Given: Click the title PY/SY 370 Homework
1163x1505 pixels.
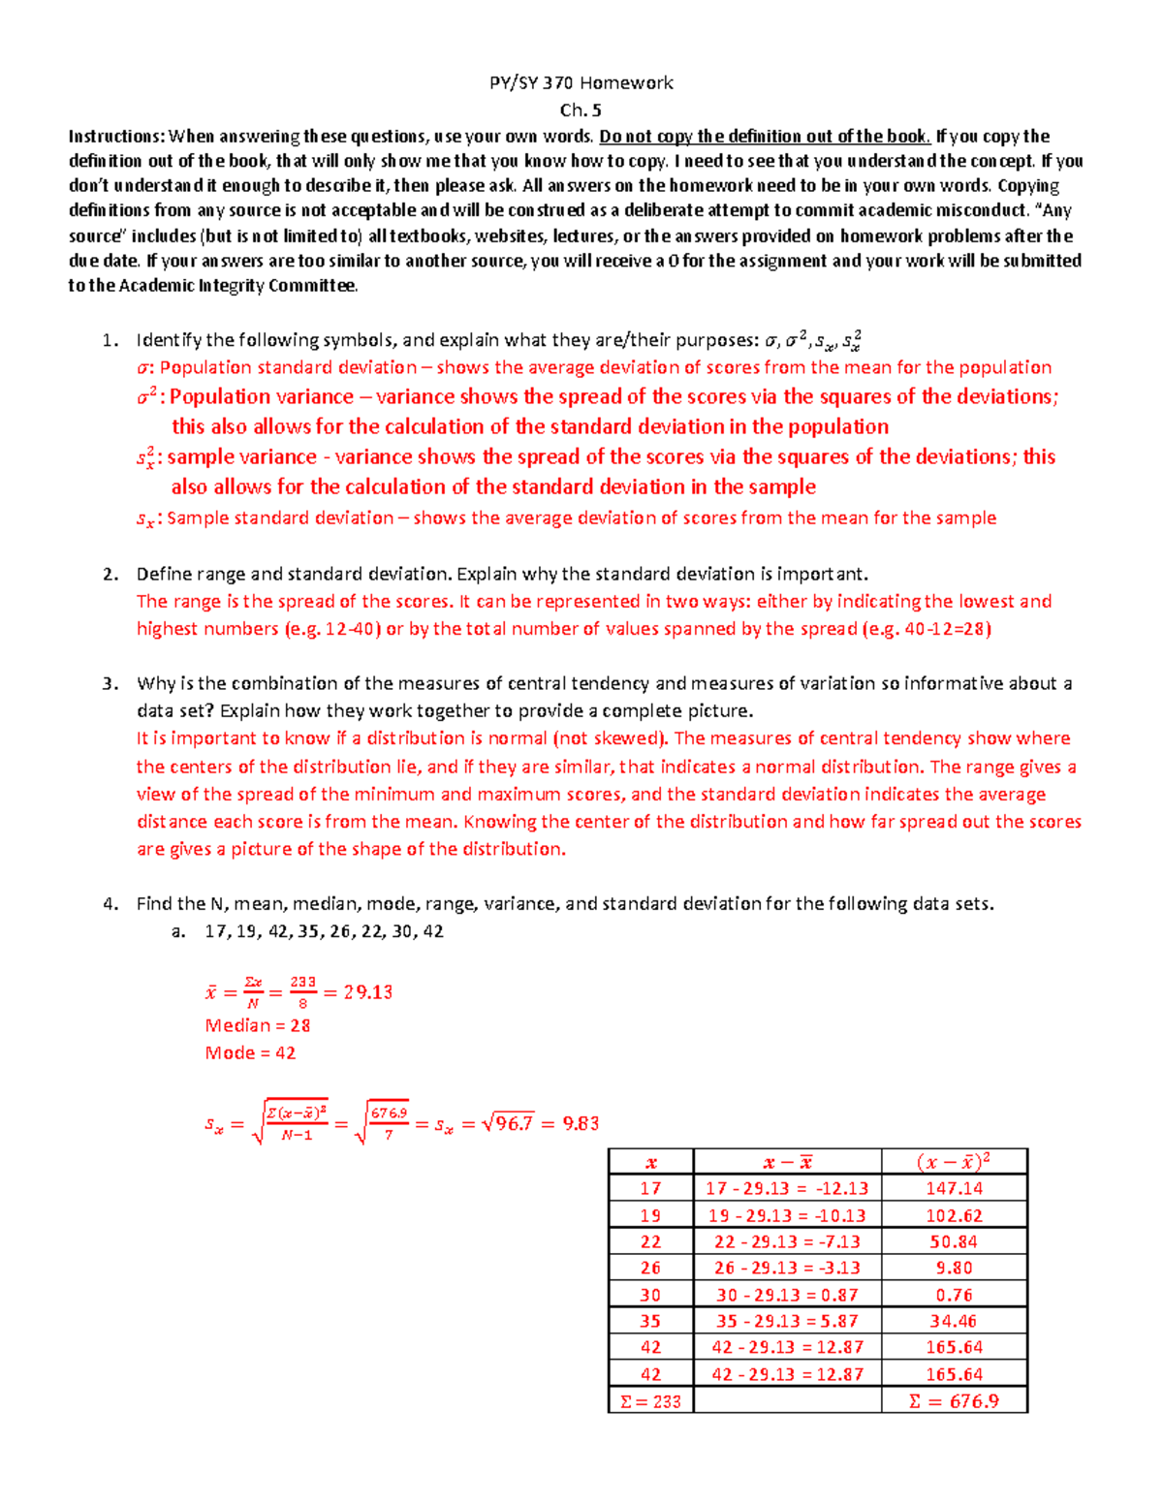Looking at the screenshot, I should coord(581,82).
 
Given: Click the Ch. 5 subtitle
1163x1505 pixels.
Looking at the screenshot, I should coord(581,110).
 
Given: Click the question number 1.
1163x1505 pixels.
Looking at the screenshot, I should coord(110,340).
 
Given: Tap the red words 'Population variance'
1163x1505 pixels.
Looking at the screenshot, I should coord(262,396).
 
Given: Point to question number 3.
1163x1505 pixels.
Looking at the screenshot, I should coord(110,683).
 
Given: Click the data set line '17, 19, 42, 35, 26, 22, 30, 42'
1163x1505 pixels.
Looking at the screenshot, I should coord(324,931).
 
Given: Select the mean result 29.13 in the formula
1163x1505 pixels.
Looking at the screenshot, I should coord(368,992).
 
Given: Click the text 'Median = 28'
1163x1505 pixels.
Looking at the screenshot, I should coord(258,1025).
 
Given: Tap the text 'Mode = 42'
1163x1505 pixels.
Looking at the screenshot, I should coord(250,1052).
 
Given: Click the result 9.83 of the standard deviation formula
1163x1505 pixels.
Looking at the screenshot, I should coord(581,1124).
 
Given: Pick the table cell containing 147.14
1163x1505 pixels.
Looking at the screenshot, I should coord(954,1188).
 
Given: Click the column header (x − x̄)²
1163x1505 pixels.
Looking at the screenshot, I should coord(954,1162).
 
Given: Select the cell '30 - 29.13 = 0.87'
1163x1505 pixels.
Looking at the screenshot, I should coord(787,1295).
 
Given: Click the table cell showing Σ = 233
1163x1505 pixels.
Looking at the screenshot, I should coord(650,1401).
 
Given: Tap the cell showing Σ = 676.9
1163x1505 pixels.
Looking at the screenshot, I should coord(954,1401).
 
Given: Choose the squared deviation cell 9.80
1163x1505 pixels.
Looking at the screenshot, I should coord(954,1268).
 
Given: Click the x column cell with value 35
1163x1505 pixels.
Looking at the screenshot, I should coord(650,1321).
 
